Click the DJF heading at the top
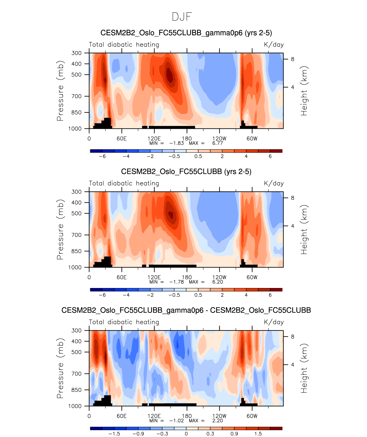pos(182,17)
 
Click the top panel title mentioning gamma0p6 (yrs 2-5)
pos(186,33)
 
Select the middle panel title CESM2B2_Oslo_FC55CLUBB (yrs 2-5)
pos(186,172)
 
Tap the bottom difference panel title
pos(186,310)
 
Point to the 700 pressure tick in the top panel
pos(77,96)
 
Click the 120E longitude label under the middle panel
pos(154,277)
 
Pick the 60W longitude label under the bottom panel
pos(252,416)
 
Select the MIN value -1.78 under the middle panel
pos(177,282)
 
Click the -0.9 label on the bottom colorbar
pos(138,434)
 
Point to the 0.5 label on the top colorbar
pos(198,156)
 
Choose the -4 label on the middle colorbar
pos(126,295)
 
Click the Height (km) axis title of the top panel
pos(304,91)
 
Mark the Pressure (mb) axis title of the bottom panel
pos(60,368)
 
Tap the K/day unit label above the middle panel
pos(274,183)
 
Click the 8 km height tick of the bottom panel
pos(292,337)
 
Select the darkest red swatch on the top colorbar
pos(276,151)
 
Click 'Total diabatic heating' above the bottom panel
pos(124,322)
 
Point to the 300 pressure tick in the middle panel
pos(77,192)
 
